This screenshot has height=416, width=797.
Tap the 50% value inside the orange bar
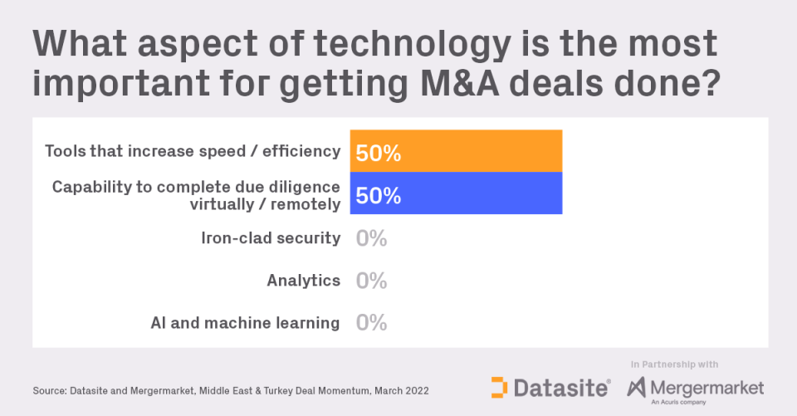point(379,153)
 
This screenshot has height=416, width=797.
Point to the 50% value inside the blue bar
point(379,195)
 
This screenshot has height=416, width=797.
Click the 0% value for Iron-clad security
point(371,238)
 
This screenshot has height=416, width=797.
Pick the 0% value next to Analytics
point(371,281)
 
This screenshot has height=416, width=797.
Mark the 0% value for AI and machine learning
point(371,323)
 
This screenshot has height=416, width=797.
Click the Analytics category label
point(304,281)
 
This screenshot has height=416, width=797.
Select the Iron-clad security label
point(271,238)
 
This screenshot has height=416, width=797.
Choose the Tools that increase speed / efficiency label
point(193,151)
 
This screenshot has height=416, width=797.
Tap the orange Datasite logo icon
point(499,388)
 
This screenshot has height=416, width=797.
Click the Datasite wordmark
point(562,388)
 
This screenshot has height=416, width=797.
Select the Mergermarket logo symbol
point(638,388)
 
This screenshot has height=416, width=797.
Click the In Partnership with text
point(674,364)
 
